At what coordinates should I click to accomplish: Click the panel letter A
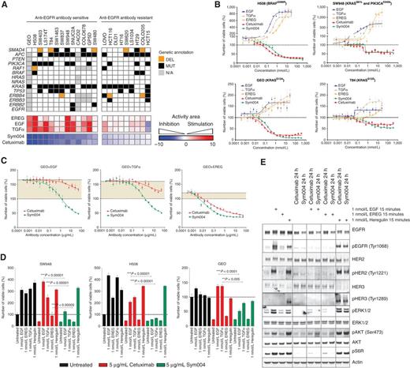tap(4, 5)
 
